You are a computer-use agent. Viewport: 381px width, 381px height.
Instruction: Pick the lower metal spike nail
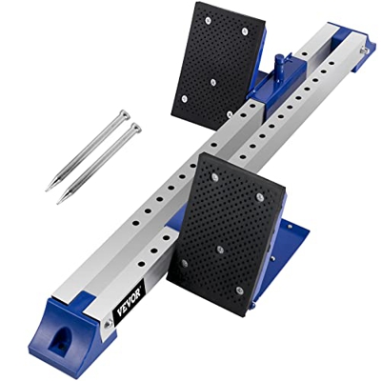(99, 163)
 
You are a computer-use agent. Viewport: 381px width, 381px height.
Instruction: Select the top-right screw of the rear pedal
(245, 30)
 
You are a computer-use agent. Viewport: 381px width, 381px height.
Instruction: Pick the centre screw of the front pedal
(221, 249)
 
